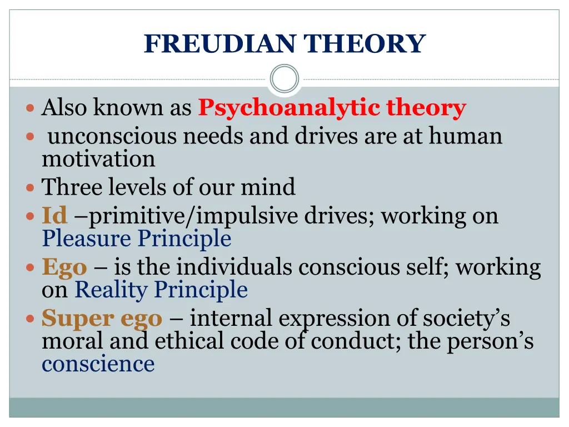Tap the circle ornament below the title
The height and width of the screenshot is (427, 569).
tap(284, 78)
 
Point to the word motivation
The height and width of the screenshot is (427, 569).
tap(98, 159)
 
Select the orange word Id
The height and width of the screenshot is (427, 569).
tap(54, 215)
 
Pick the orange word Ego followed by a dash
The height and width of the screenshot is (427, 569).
tap(64, 267)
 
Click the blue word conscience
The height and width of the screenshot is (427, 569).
tap(98, 364)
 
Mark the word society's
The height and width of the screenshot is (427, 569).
tap(466, 319)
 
